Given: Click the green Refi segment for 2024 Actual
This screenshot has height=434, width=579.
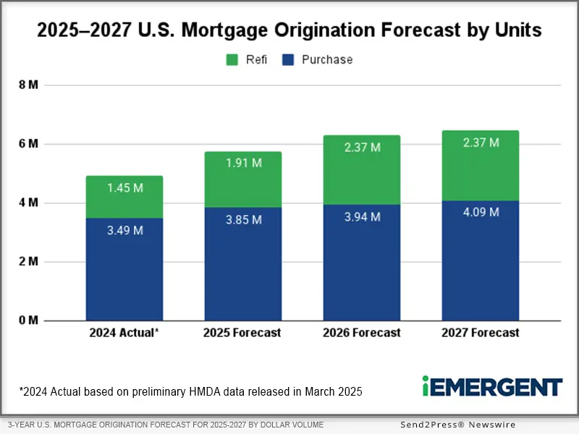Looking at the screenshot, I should pos(124,197).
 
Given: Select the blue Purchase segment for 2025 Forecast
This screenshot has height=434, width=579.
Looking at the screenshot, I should pos(242,264).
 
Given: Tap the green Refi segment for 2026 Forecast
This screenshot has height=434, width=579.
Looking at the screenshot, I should pos(362,170).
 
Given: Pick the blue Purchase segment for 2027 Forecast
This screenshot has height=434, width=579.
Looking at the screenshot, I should pos(481,260).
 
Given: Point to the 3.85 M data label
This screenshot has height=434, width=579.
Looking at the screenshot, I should pos(242,220).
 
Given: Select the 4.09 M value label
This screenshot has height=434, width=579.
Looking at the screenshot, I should pos(481,213).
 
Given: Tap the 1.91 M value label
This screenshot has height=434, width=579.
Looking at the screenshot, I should pos(242,163).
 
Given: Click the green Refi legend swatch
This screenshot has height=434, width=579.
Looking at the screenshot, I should pos(233,60).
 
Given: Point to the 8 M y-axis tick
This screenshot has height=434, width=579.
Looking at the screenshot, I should pos(28,85).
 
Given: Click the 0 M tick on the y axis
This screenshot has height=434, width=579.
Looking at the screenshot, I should pos(28,320).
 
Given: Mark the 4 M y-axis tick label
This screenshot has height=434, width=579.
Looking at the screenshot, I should pos(28,203).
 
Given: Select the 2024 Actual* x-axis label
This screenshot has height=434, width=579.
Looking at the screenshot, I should pos(124,333).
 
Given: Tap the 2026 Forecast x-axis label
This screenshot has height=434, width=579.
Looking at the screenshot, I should pos(362,333).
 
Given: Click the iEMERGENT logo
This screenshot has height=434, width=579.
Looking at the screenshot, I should pos(491,386).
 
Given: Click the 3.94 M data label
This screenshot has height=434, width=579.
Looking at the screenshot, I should pos(362,216).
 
